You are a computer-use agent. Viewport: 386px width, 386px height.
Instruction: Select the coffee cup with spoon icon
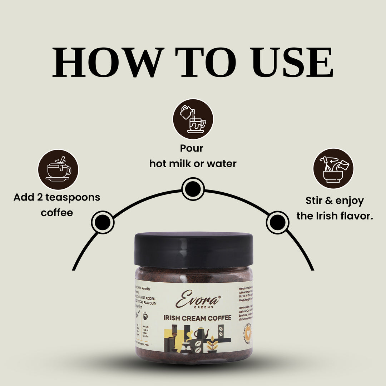pos(58,169)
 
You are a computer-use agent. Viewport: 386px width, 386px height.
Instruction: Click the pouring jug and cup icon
pos(193,119)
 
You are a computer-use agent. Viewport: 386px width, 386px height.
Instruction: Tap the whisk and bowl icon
pos(333,168)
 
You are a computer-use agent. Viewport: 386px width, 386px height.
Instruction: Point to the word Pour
pos(192,148)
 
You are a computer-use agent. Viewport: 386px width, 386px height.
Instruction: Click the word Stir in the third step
pos(315,201)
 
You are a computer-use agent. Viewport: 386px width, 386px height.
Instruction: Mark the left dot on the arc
pos(103,222)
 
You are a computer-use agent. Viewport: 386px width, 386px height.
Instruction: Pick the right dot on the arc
pos(277,223)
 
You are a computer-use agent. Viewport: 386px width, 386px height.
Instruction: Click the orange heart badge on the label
pos(248,332)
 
